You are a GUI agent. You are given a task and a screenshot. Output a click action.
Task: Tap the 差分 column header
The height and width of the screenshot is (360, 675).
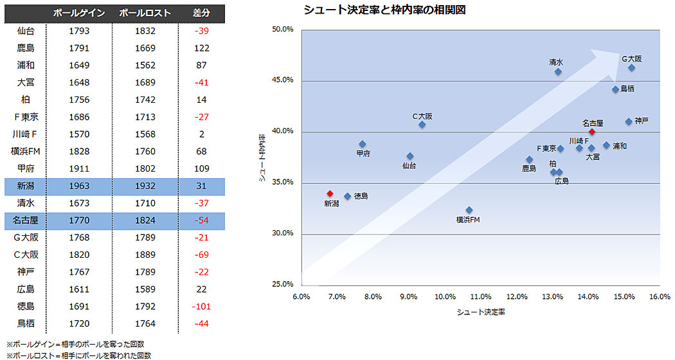(x=202, y=13)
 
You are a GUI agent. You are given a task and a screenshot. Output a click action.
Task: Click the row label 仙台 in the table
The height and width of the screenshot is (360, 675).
(x=26, y=30)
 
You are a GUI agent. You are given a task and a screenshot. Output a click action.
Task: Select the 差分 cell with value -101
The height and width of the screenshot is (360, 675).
(x=202, y=306)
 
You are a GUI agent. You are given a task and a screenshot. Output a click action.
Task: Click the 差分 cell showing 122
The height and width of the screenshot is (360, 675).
(x=202, y=48)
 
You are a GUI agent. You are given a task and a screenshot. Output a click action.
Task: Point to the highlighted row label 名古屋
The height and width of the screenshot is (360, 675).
(x=26, y=221)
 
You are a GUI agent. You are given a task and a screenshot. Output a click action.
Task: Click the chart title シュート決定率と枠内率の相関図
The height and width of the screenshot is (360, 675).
(x=384, y=10)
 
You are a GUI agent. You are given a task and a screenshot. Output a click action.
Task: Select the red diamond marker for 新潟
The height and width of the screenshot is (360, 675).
(x=330, y=194)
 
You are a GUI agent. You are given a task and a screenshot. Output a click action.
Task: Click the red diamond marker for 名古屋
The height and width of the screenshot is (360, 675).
(x=592, y=132)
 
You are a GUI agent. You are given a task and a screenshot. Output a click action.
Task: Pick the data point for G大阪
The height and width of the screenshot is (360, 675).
(x=631, y=67)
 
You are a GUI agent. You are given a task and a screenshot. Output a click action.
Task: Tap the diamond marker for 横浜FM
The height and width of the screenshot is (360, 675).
(x=469, y=210)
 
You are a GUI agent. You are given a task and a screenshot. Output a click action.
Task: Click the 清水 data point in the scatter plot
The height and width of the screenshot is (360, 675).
(x=558, y=71)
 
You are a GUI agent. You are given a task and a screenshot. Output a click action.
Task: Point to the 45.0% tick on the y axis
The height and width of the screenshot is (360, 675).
(x=283, y=80)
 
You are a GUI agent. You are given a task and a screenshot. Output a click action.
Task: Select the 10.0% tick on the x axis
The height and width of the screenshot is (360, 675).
(x=445, y=296)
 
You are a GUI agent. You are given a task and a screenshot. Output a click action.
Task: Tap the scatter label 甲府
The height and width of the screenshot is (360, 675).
(x=363, y=154)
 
